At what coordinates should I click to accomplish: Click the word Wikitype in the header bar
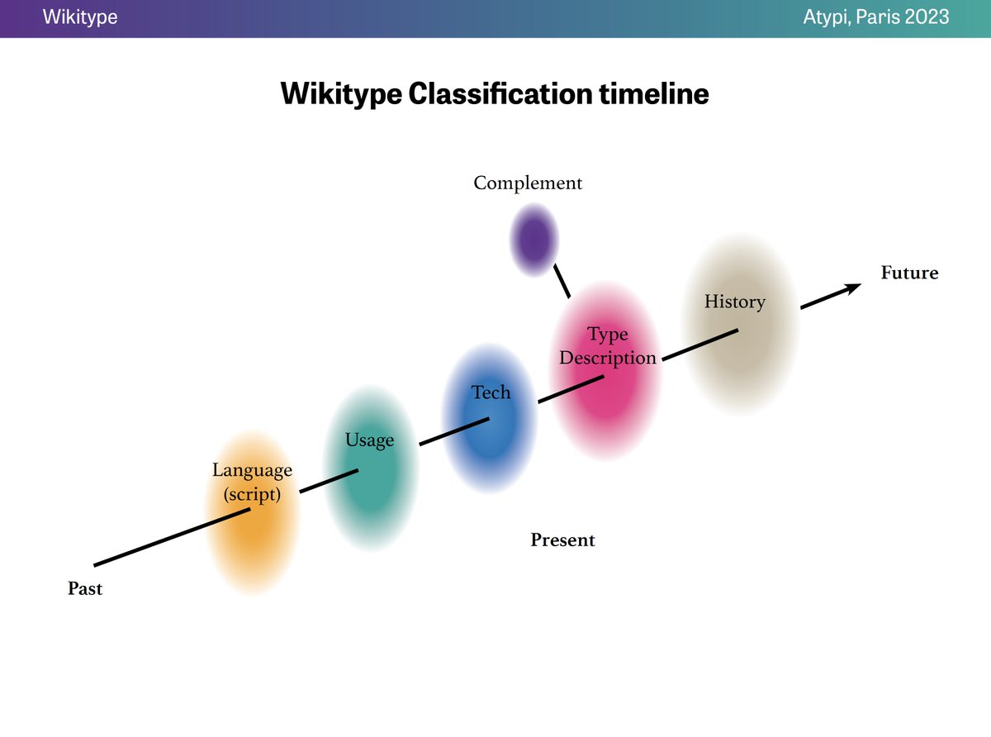[80, 17]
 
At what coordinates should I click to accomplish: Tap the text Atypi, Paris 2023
[875, 17]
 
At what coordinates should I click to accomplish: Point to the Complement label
[527, 183]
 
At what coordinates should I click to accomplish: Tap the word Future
[909, 273]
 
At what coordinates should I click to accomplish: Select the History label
[734, 302]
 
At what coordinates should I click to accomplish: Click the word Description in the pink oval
[608, 358]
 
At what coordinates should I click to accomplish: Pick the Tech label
[491, 392]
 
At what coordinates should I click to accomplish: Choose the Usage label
[369, 440]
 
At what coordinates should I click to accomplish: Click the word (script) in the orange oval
[252, 495]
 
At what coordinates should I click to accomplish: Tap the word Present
[562, 540]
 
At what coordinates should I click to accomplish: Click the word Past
[85, 589]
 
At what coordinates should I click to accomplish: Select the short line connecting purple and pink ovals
[562, 281]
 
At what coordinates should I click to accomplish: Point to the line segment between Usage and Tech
[454, 432]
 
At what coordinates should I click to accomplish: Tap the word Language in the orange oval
[252, 470]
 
